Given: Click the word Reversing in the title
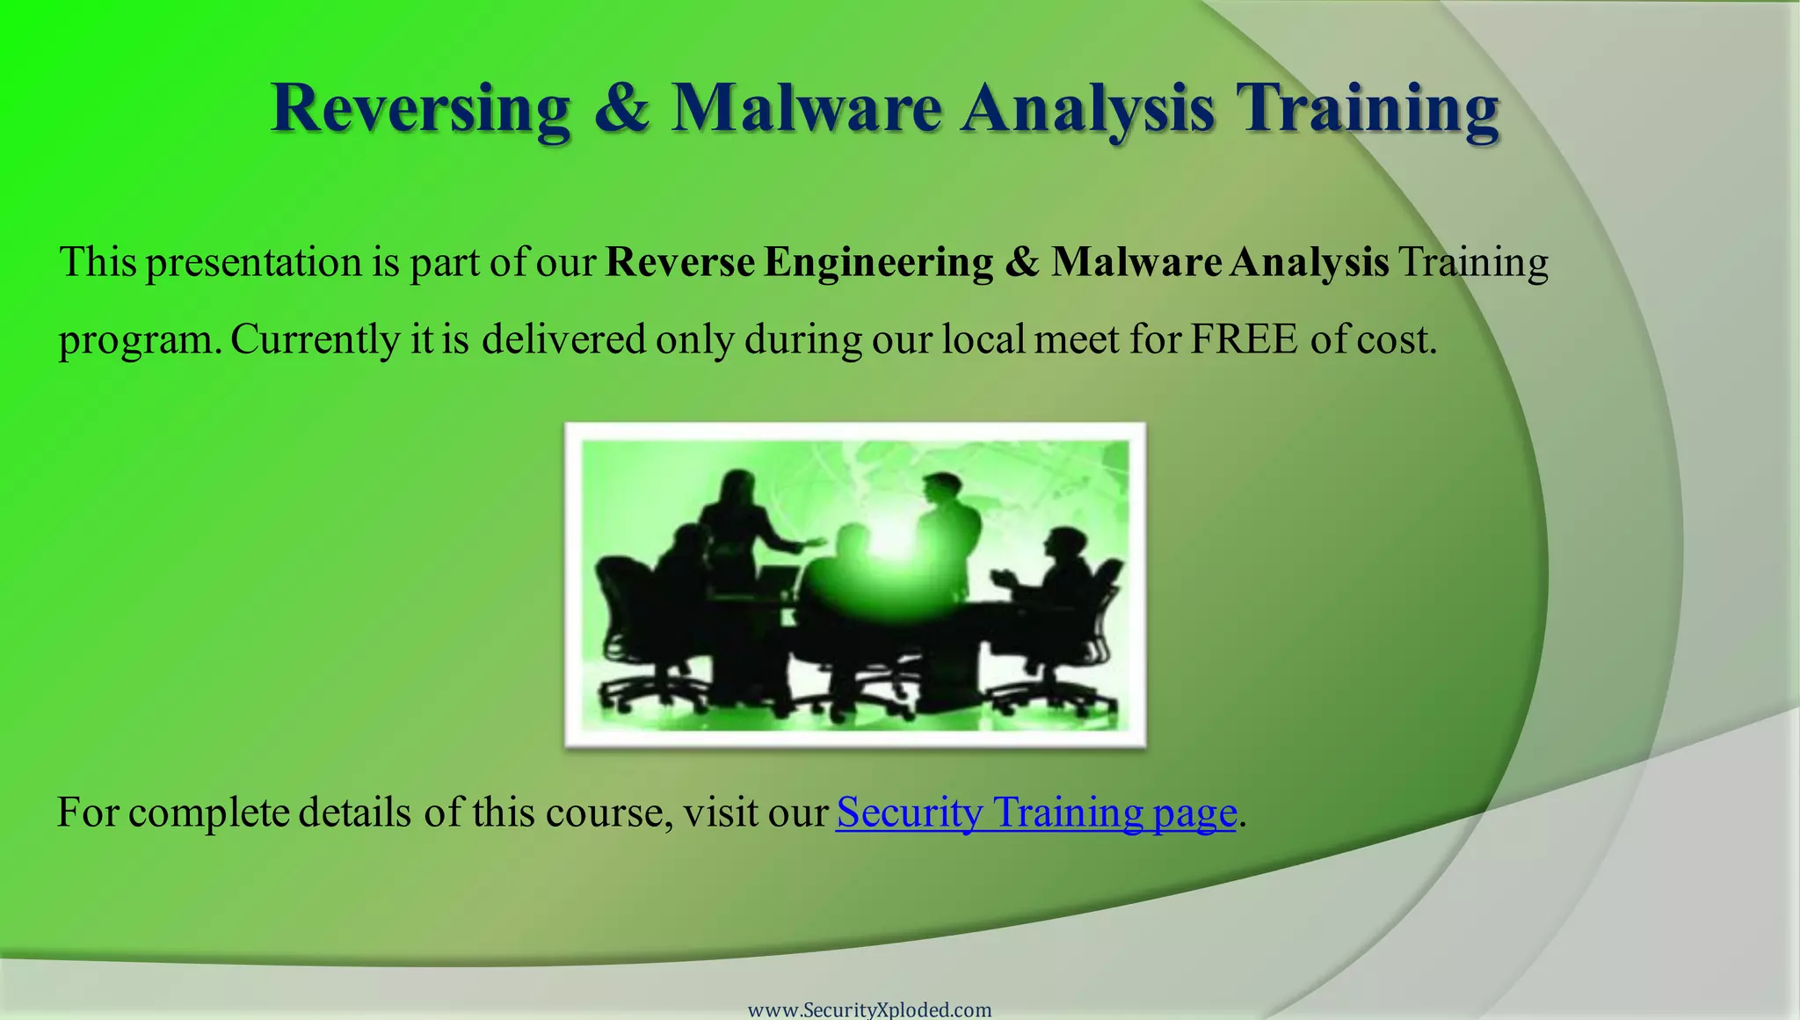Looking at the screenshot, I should [420, 109].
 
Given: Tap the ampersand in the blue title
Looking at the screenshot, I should [621, 109].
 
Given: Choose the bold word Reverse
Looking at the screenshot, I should [680, 263].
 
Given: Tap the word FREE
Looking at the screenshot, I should [1244, 339].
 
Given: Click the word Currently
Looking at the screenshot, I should [315, 339].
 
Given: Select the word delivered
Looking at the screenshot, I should [563, 339].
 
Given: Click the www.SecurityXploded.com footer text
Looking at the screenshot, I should [869, 1009].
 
